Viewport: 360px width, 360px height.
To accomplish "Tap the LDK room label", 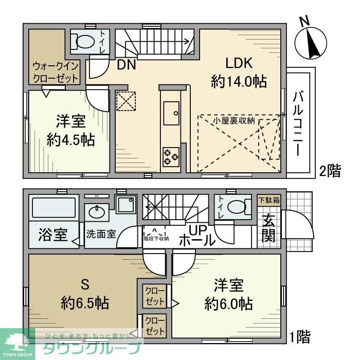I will coord(238,63).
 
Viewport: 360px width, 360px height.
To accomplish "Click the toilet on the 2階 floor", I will coord(83,40).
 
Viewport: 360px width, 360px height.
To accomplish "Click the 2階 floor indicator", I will coord(330,171).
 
